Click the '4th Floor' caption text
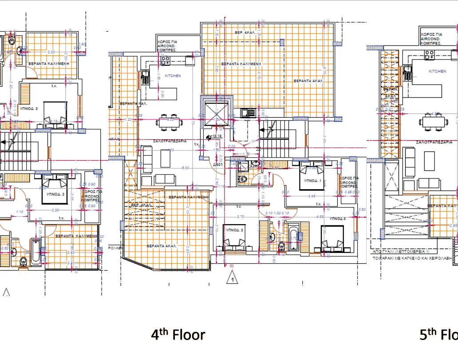[178, 334]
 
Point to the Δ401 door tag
[217, 164]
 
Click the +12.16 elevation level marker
[216, 136]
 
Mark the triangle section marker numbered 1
[232, 279]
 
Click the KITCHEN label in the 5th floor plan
[437, 71]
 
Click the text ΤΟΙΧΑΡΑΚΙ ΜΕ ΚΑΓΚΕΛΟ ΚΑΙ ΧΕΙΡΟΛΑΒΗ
[411, 257]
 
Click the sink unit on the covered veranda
[248, 113]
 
